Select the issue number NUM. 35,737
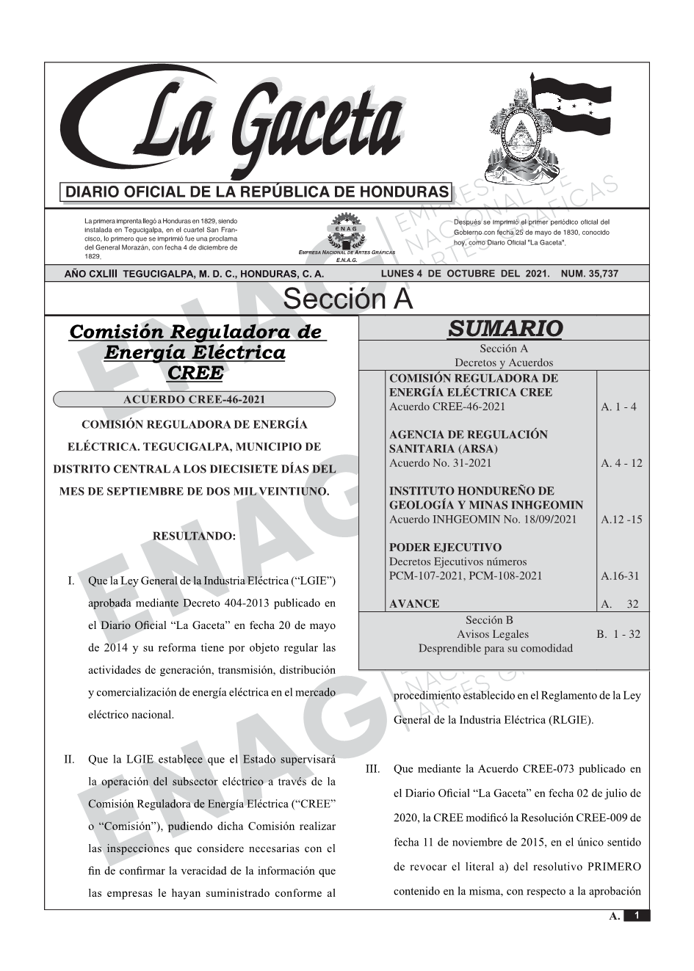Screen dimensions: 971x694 (589, 274)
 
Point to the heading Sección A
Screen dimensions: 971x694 (347, 299)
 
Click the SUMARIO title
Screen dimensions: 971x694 (505, 329)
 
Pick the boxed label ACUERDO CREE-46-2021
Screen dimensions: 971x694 (194, 400)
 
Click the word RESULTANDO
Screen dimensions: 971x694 (194, 537)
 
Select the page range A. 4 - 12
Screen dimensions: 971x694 (621, 463)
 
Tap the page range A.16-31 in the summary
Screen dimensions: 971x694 (621, 576)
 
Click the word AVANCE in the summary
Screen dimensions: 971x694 (414, 604)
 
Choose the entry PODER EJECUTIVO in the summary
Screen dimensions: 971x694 (445, 548)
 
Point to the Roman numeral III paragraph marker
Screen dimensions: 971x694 (372, 770)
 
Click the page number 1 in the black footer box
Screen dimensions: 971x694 (637, 915)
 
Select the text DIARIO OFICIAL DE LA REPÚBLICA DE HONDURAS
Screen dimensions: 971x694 (257, 192)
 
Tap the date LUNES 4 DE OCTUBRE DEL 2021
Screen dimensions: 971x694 (465, 274)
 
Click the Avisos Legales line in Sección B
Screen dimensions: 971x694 (492, 634)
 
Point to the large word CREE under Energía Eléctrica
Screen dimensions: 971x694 (194, 372)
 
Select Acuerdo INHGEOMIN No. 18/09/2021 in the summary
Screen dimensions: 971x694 (482, 520)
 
